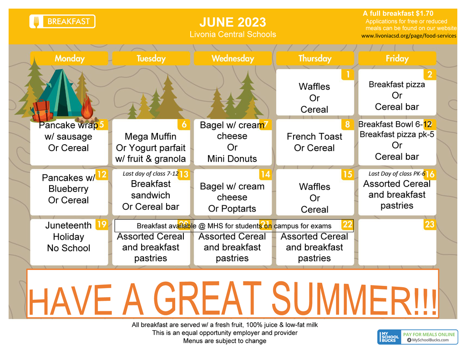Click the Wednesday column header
point(233,58)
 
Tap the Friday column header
point(397,58)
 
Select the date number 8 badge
point(347,124)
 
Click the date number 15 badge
point(347,174)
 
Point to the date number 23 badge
point(430,224)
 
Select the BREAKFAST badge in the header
point(62,21)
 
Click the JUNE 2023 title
point(233,22)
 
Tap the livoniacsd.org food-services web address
point(409,35)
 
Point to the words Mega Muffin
point(150,137)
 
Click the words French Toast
point(314,137)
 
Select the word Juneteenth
point(68,225)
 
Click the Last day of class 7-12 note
point(151,173)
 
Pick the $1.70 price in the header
point(425,13)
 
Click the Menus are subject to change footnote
point(225,341)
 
